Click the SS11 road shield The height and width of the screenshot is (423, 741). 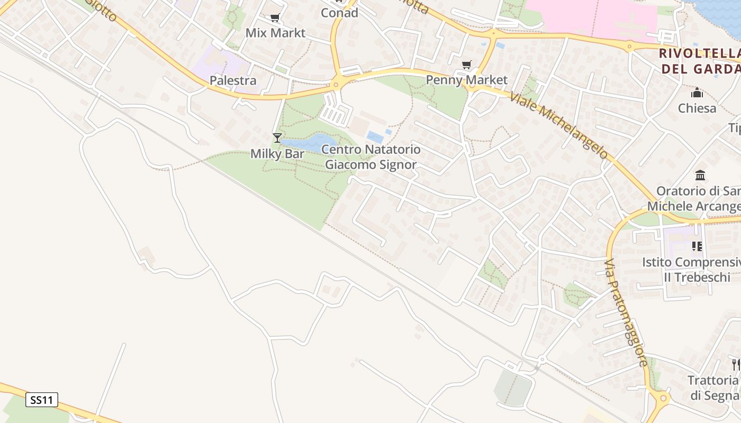[x=42, y=400]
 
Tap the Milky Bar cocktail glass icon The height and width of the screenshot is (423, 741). [x=277, y=138]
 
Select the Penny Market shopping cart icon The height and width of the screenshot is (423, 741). [x=466, y=65]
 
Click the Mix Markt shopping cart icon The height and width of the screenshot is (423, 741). [x=275, y=18]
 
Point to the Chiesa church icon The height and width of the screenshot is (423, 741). [x=697, y=93]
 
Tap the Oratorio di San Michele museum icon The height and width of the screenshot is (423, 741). [x=700, y=175]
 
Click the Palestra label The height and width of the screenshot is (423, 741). [x=233, y=80]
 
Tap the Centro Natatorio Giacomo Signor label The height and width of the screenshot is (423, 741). [x=371, y=157]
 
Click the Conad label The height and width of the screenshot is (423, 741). [x=339, y=13]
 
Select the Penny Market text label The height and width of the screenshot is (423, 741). [x=467, y=80]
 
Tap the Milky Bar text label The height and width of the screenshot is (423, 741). [x=277, y=154]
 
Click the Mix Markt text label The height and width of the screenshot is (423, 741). [x=275, y=33]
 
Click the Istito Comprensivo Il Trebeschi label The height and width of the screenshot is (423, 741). [x=691, y=270]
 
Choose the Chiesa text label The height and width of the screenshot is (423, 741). [x=697, y=108]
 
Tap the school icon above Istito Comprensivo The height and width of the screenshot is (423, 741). [x=697, y=246]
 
